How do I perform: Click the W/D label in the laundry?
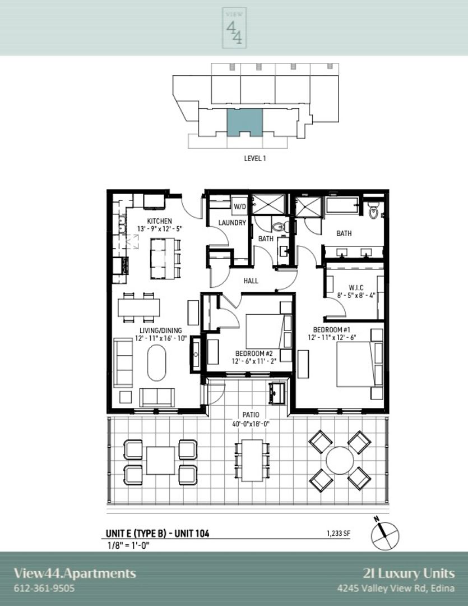tap(239, 206)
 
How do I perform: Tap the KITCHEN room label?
tap(160, 221)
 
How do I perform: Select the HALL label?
tap(251, 281)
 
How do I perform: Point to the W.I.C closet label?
tap(356, 288)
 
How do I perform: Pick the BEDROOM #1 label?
tap(332, 330)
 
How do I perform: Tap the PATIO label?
tap(251, 415)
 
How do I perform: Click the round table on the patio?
tap(340, 461)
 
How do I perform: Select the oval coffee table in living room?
tap(157, 363)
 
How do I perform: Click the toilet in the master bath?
tap(373, 210)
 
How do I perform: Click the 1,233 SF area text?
tap(339, 534)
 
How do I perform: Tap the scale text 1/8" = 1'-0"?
tap(128, 546)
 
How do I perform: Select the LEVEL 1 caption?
tap(255, 158)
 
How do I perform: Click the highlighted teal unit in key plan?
tap(244, 122)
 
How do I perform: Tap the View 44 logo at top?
tap(234, 28)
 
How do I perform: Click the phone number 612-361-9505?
tap(44, 588)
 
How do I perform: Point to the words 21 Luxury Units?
tap(409, 573)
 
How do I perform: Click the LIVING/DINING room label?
tap(161, 330)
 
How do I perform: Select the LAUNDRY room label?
tap(232, 223)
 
